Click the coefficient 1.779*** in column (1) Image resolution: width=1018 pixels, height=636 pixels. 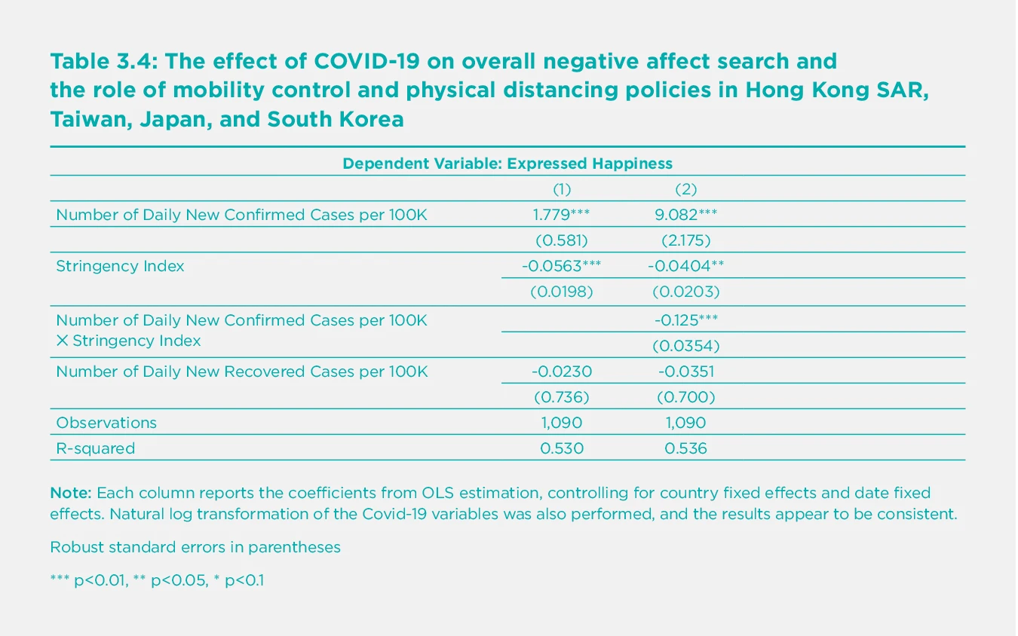click(x=561, y=215)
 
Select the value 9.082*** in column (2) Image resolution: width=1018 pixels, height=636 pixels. click(x=685, y=215)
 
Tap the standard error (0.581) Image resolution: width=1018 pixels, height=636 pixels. click(x=562, y=240)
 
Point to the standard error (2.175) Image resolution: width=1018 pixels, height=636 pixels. click(x=685, y=240)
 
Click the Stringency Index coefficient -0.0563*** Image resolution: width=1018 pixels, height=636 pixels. click(x=561, y=266)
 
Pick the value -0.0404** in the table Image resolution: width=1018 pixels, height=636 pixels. click(x=685, y=266)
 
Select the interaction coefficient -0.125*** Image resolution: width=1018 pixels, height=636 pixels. click(x=685, y=320)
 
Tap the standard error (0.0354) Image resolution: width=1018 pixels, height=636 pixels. click(x=685, y=346)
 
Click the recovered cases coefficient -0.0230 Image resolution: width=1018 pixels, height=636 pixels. click(x=562, y=372)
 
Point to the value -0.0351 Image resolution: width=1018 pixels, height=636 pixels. click(x=685, y=372)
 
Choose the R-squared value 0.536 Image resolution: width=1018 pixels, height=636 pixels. click(x=685, y=448)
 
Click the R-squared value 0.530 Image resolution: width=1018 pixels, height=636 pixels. click(x=562, y=448)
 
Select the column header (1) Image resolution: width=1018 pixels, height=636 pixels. click(x=562, y=188)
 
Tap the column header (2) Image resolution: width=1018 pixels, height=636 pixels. click(x=685, y=188)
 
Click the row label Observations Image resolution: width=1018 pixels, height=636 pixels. click(x=106, y=423)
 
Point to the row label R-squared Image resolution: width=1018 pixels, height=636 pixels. click(x=96, y=448)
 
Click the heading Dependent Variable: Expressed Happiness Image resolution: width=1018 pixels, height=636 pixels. click(x=507, y=163)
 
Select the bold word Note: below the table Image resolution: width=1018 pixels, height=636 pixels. click(x=70, y=494)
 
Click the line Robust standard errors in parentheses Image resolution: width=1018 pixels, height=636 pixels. click(x=195, y=547)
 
